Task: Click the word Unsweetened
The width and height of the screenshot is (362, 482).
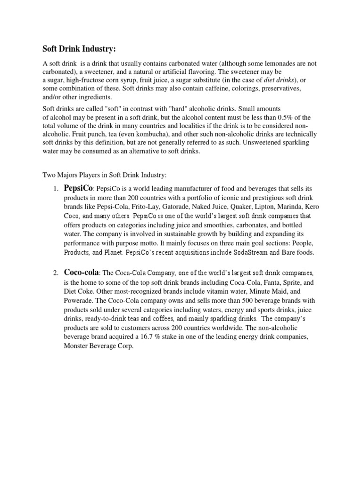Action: click(257, 143)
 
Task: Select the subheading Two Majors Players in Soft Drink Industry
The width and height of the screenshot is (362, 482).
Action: click(105, 175)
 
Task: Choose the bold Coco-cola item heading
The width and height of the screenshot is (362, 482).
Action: click(81, 273)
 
